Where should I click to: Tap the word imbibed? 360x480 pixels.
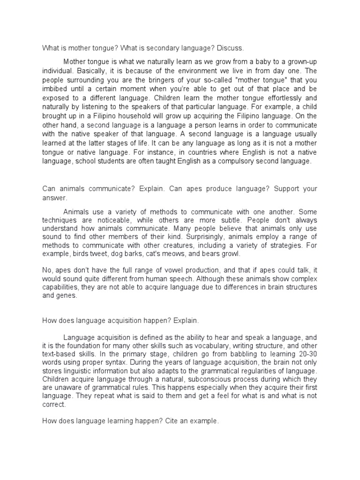56,90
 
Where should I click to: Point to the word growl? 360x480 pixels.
229,254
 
